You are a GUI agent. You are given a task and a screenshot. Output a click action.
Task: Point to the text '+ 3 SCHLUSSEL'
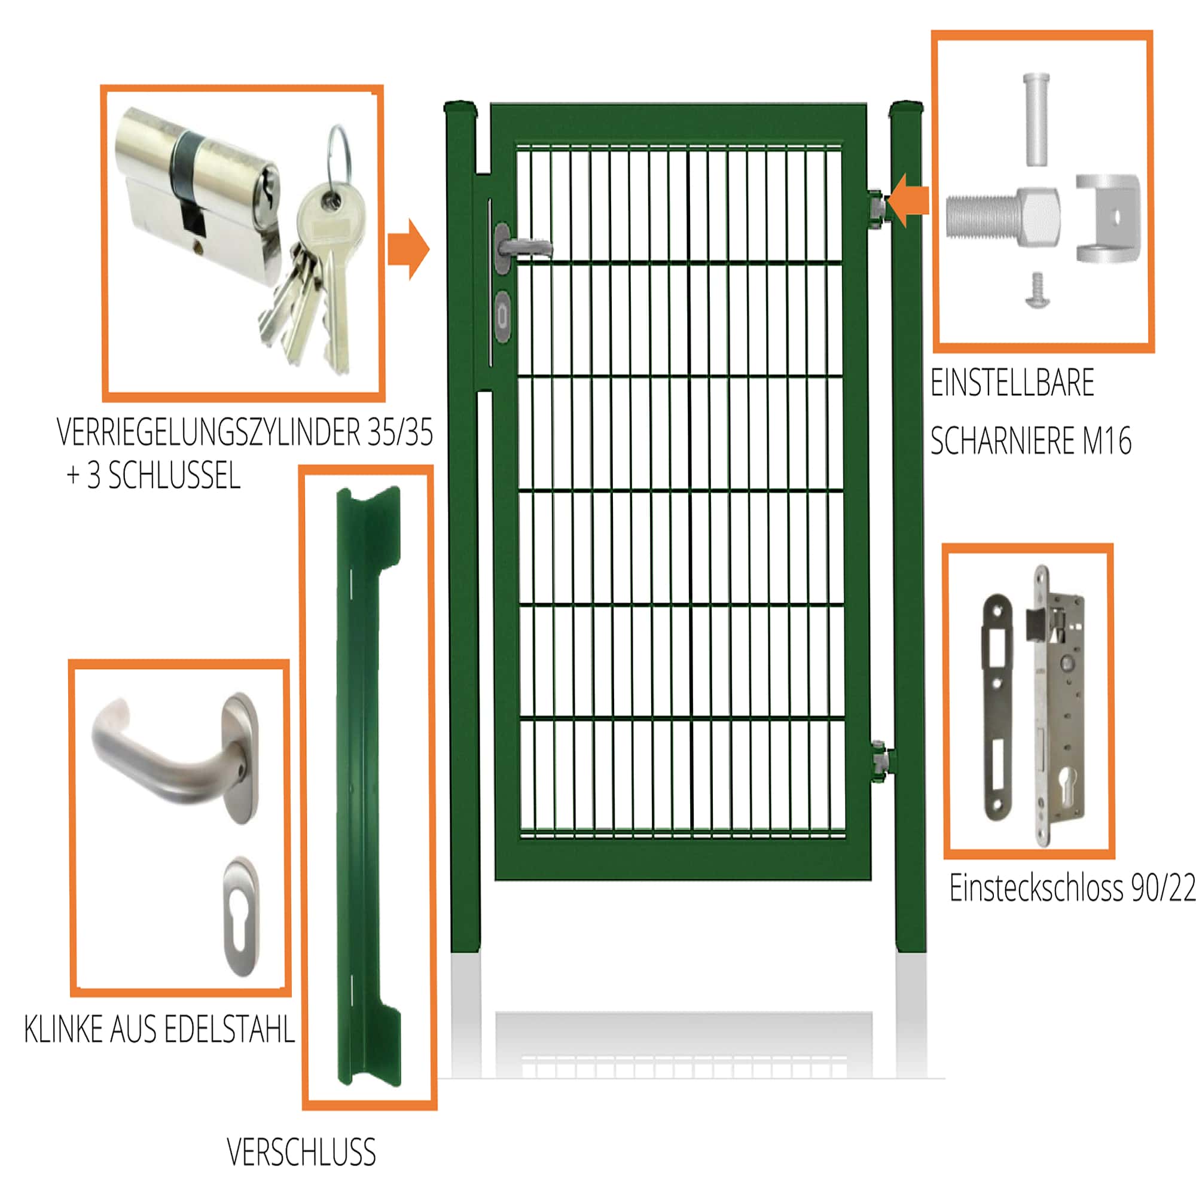pos(153,476)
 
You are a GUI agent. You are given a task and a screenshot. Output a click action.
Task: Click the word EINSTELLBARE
pos(1012,383)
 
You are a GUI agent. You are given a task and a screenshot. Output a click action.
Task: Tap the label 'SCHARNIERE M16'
pos(1030,441)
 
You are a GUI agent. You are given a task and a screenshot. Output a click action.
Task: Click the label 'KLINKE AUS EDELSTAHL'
pos(159,1030)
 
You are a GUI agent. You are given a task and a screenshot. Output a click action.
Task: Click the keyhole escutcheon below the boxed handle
pos(242,916)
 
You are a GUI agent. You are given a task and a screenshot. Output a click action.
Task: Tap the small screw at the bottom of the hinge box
pos(1038,291)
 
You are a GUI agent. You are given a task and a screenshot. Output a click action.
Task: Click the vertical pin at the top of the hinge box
pos(1036,118)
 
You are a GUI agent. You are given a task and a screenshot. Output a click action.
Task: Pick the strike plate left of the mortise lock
pos(997,706)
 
